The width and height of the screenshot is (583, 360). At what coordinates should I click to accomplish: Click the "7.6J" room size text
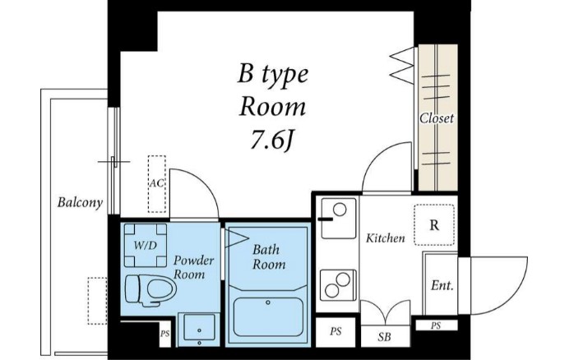pos(272,141)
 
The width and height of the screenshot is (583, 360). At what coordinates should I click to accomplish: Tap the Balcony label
pos(80,202)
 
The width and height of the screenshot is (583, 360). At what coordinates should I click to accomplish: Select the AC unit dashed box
pos(157,184)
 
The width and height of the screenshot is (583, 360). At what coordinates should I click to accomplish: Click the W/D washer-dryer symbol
pos(146,245)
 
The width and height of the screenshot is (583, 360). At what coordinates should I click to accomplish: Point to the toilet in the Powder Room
pos(150,290)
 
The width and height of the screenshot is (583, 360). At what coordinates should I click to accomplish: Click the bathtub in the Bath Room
pos(268,316)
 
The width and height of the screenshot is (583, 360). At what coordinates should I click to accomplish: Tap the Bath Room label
pos(269,256)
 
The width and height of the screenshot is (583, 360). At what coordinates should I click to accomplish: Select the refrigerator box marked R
pos(434,224)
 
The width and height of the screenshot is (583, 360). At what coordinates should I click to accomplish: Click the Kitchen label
pos(385,238)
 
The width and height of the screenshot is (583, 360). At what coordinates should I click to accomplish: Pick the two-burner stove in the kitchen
pos(338,285)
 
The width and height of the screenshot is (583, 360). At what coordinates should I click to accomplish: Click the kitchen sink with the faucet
pos(338,218)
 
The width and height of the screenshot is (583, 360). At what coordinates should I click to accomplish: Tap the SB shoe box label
pos(385,337)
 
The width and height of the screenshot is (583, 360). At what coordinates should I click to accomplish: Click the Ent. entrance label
pos(442,285)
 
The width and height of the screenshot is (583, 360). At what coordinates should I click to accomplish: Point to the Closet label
pos(437,118)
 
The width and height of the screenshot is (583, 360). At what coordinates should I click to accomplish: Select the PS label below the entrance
pos(436,325)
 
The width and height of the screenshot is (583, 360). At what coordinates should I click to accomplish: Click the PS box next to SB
pos(335,331)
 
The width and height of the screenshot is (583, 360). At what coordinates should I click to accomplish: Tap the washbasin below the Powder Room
pos(200,329)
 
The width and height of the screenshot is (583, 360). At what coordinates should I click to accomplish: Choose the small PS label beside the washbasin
pos(164,334)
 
